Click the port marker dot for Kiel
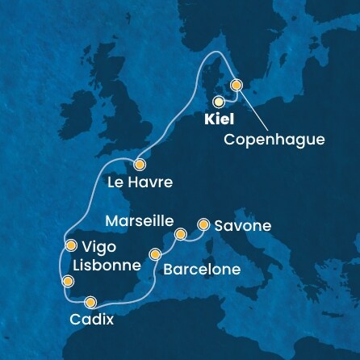point(219,102)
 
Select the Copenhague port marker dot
point(237,84)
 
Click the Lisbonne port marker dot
point(68,282)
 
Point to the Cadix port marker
point(90,302)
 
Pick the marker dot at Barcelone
point(154,256)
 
